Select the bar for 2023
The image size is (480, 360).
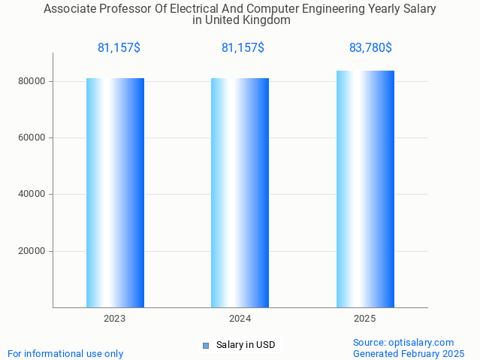pyautogui.click(x=115, y=192)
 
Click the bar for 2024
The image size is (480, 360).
pyautogui.click(x=240, y=192)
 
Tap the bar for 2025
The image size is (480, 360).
pyautogui.click(x=365, y=189)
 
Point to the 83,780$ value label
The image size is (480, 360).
pyautogui.click(x=370, y=48)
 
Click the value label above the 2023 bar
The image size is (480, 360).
pyautogui.click(x=119, y=48)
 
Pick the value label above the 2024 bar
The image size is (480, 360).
pyautogui.click(x=243, y=48)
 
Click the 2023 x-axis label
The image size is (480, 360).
pyautogui.click(x=115, y=319)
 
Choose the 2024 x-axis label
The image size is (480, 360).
pyautogui.click(x=240, y=319)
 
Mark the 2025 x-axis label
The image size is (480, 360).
pyautogui.click(x=365, y=319)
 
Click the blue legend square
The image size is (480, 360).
pyautogui.click(x=205, y=346)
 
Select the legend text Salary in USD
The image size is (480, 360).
pyautogui.click(x=246, y=345)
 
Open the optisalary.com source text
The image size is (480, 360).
pyautogui.click(x=403, y=342)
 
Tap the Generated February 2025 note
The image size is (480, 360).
pyautogui.click(x=409, y=353)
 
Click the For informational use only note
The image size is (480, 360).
pyautogui.click(x=65, y=353)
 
